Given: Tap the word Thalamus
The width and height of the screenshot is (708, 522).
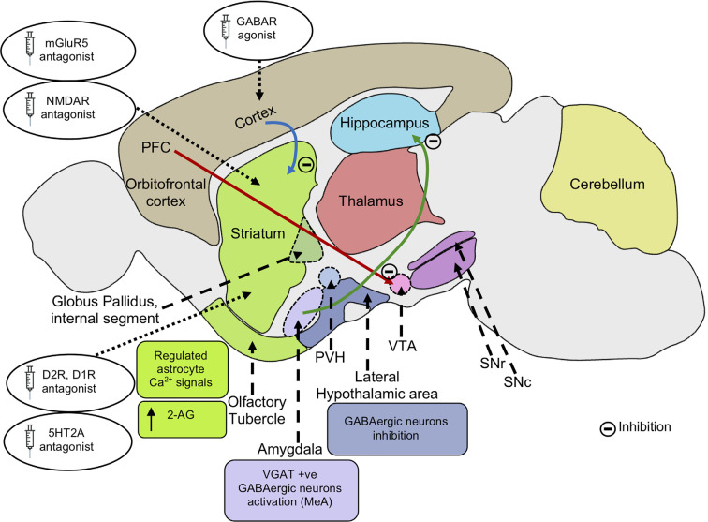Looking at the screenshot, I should (372, 200).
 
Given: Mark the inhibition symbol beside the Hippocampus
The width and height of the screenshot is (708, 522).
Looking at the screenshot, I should (432, 142).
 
